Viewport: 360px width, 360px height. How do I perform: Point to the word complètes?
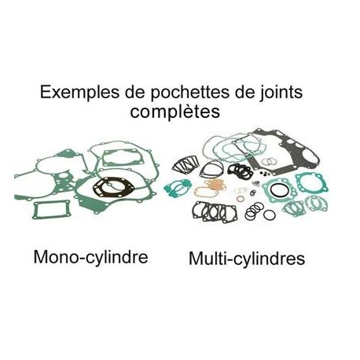pos(174,112)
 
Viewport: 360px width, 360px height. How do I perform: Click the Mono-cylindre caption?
pos(90,257)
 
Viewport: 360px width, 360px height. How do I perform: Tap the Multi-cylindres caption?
pos(247,259)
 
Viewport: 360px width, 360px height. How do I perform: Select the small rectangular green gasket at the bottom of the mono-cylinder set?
pos(51,210)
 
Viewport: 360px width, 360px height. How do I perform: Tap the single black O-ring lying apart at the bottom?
pos(270,215)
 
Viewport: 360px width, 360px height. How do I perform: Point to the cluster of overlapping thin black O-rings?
pos(254,211)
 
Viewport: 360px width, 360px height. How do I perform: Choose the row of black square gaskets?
pos(215,212)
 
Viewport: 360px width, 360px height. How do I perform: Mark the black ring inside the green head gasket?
pos(279,190)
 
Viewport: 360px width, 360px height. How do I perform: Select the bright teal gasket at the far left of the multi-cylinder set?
pos(178,188)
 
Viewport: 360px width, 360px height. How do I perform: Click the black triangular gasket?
pos(211,169)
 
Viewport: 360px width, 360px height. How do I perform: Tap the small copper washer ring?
pos(241,199)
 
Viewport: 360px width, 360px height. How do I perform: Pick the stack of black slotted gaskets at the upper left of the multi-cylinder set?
pos(186,164)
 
